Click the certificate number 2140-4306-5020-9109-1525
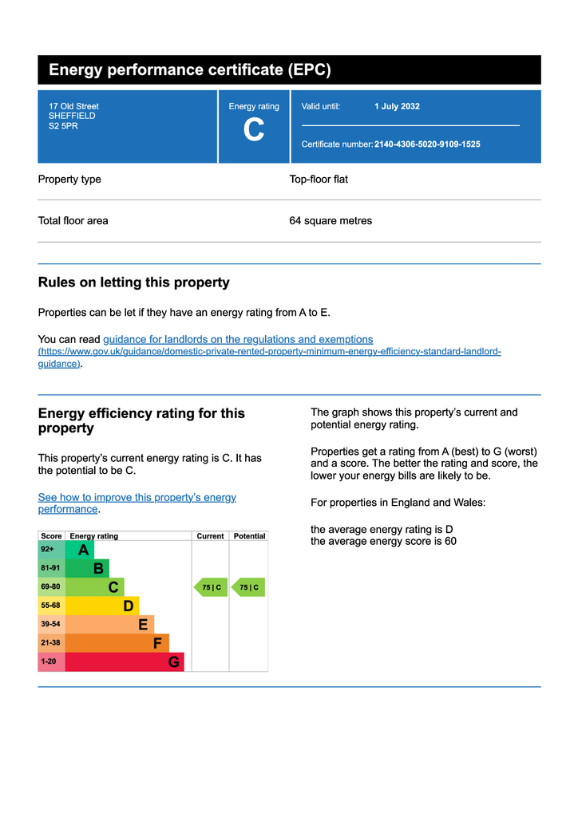427,144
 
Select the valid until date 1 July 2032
397,106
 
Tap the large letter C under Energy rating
254,131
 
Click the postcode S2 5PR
63,125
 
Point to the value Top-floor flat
319,180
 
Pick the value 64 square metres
331,221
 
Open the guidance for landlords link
238,339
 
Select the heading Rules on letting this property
133,282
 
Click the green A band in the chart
80,550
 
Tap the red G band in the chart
125,662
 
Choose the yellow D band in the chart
102,606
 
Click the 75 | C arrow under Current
211,587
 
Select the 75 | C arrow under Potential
248,587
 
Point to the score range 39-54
50,624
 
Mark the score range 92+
48,550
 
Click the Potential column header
249,536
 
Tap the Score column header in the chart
51,536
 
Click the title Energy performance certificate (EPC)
189,70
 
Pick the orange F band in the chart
117,643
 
